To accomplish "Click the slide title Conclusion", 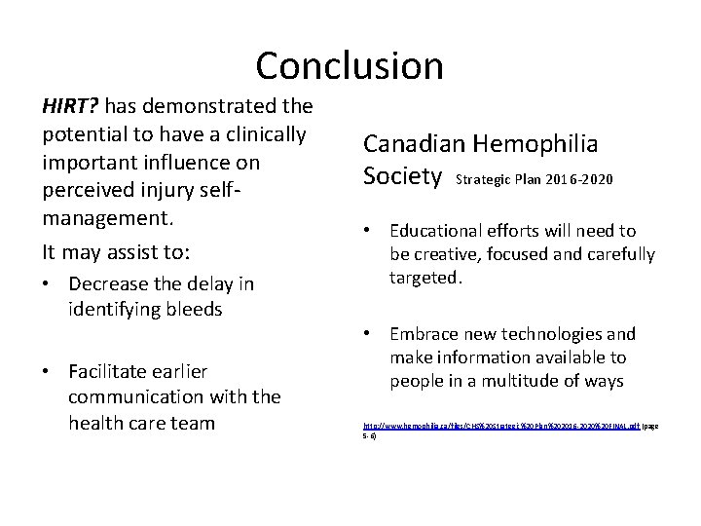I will pyautogui.click(x=350, y=65).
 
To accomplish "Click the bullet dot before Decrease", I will pyautogui.click(x=48, y=284).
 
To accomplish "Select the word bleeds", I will pyautogui.click(x=194, y=309).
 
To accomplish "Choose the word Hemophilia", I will pyautogui.click(x=543, y=144).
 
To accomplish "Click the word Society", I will pyautogui.click(x=402, y=176).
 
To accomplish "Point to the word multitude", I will pyautogui.click(x=516, y=381).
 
